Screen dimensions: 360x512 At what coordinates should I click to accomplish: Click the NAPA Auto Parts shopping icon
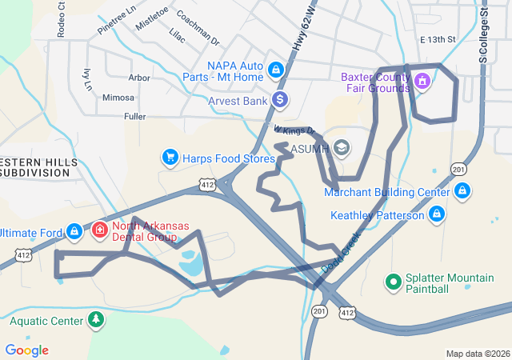pos(276,70)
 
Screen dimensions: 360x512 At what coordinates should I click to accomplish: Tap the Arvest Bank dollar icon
pos(280,100)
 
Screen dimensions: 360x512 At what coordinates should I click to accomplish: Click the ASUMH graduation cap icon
pos(342,148)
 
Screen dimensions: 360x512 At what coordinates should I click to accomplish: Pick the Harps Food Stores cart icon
pos(170,158)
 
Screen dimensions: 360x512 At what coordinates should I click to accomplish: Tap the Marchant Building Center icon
pos(462,191)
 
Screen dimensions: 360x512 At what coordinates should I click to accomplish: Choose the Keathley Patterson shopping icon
pos(436,214)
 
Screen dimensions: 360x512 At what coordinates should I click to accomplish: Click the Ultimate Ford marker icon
pos(74,231)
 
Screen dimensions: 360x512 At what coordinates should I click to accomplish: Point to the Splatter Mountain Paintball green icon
pos(393,282)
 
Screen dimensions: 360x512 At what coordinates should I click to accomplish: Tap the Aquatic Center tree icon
pos(96,321)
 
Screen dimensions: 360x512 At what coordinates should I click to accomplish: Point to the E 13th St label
pos(437,39)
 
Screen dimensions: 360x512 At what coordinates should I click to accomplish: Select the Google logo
pos(27,350)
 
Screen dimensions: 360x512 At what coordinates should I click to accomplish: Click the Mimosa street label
pos(118,98)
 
